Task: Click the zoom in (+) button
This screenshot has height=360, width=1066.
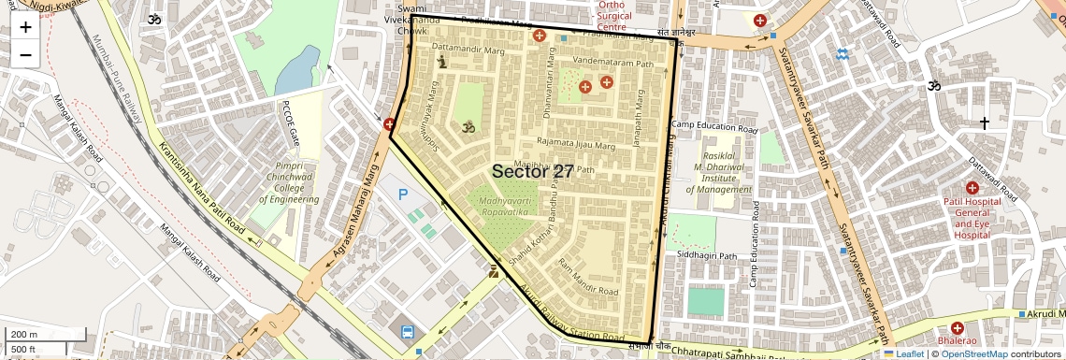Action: coord(25,27)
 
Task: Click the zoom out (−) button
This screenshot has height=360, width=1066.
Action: coord(25,55)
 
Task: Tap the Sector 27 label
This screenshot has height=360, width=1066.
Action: coord(532,171)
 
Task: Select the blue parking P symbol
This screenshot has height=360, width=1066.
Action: coord(403,194)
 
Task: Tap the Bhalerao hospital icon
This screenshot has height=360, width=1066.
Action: coord(957,328)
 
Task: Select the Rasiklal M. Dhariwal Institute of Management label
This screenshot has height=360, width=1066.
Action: coord(718,172)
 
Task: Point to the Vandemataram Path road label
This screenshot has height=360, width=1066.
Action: coord(613,64)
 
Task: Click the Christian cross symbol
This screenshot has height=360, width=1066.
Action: coord(984,122)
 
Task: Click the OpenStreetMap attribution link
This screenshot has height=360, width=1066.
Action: coord(973,353)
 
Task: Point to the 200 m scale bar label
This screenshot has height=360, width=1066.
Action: coord(25,335)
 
